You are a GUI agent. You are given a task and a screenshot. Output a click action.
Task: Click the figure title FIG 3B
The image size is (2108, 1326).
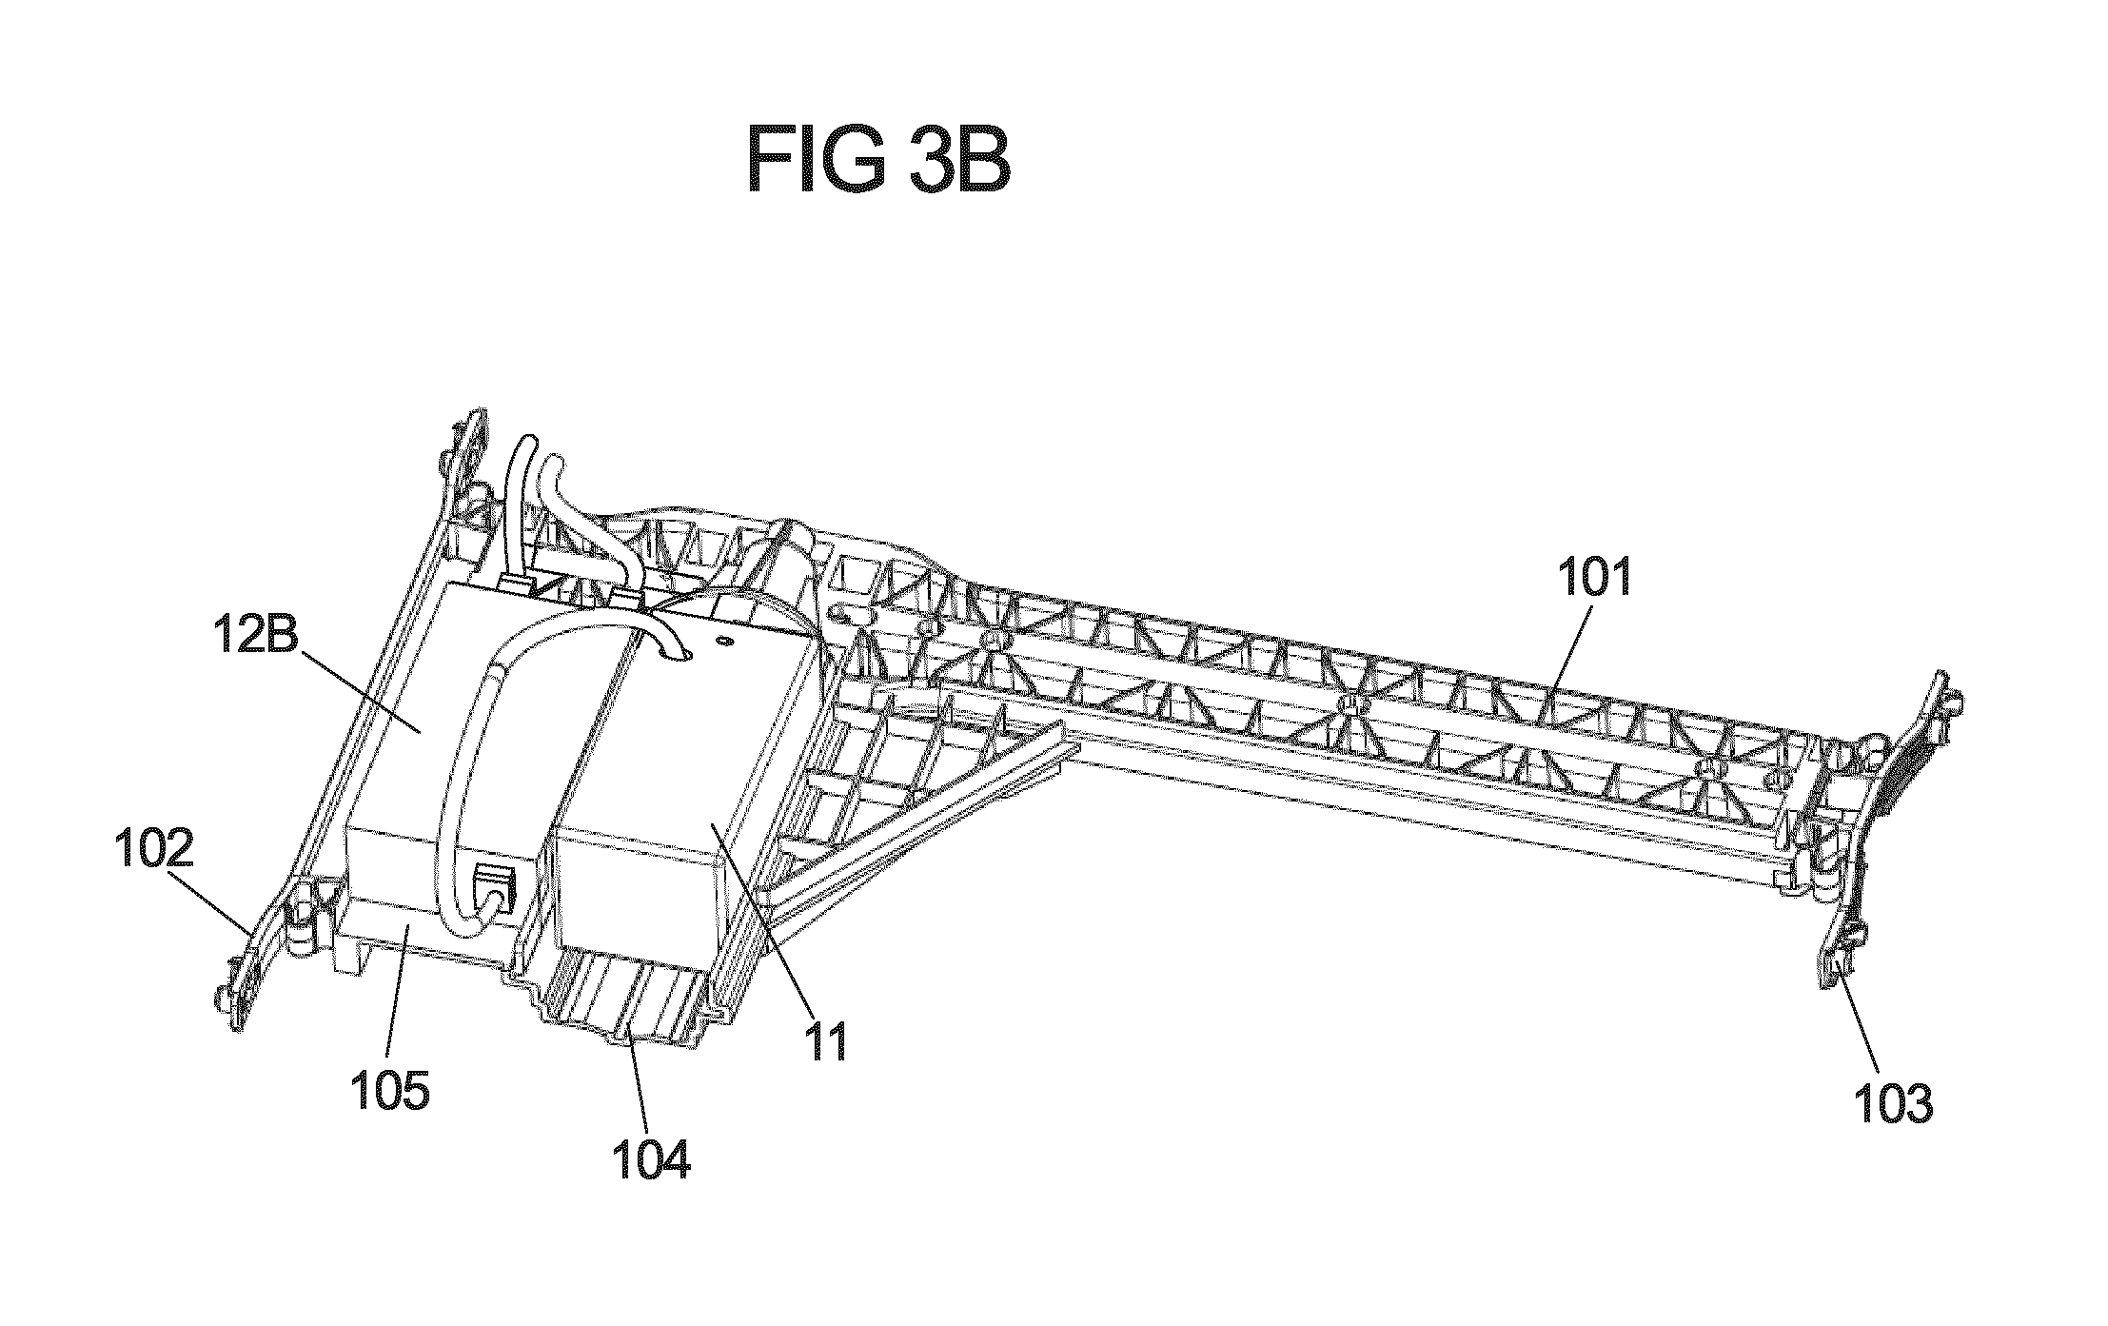pos(878,162)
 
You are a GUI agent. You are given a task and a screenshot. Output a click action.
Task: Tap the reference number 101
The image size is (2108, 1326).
pos(1594,578)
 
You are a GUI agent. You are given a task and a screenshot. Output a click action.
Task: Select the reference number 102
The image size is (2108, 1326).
pos(154,846)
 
